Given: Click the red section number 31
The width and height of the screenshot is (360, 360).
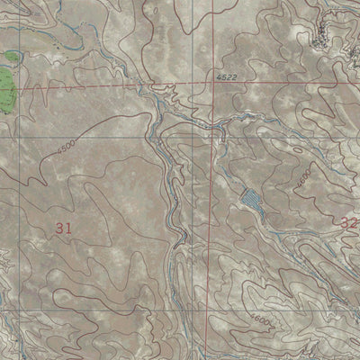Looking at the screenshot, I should (63, 229).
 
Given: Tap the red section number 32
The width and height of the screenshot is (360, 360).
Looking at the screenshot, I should (349, 221).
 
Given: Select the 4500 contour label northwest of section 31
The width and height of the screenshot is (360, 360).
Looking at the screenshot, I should (66, 149).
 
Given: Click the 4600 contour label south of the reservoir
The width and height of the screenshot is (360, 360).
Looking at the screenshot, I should (261, 320).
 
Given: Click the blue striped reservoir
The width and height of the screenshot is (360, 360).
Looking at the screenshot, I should (251, 200).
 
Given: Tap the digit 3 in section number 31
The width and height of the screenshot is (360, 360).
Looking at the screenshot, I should (58, 229).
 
